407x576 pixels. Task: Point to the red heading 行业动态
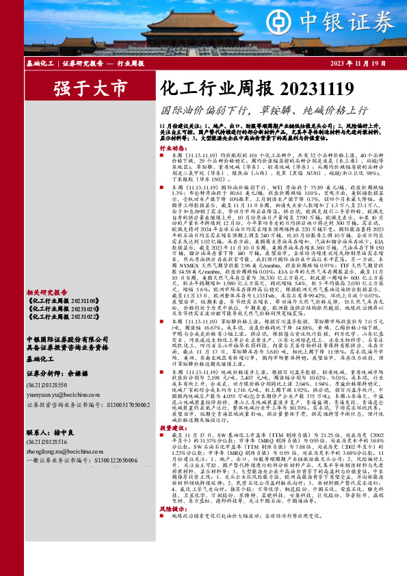point(172,148)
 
